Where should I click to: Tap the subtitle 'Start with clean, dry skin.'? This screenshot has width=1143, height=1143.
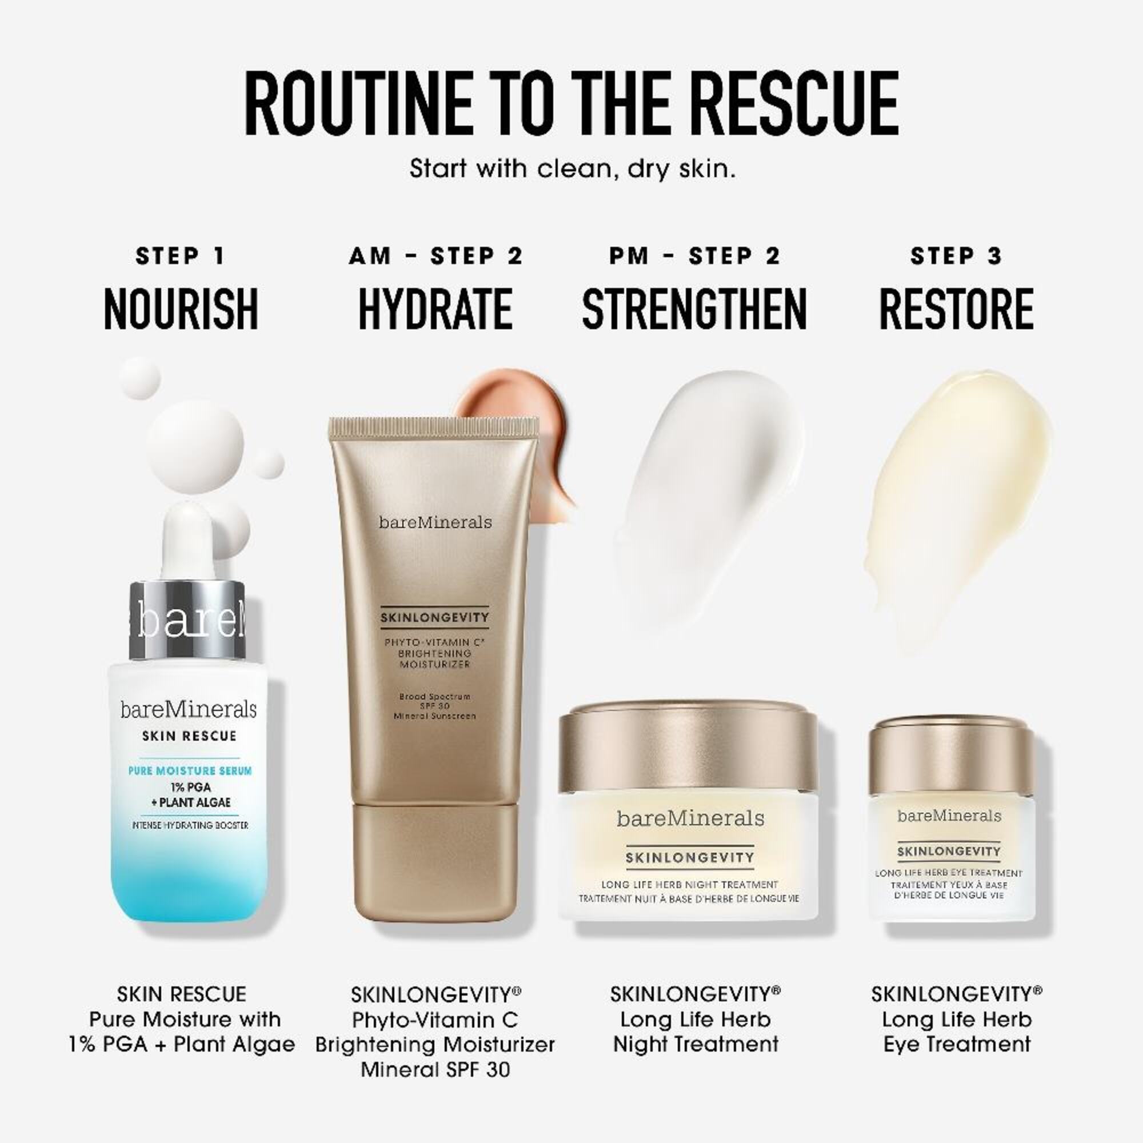(x=572, y=169)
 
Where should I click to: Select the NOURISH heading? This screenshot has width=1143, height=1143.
(x=181, y=309)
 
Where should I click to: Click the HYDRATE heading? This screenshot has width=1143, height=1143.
(x=435, y=309)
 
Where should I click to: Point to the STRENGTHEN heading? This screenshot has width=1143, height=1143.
(x=694, y=309)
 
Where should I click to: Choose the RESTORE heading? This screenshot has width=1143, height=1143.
(x=956, y=309)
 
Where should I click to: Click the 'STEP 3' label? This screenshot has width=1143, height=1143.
(x=956, y=256)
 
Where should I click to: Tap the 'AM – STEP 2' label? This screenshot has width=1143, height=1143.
(x=436, y=256)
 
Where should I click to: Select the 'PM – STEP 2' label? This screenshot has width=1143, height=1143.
(x=695, y=256)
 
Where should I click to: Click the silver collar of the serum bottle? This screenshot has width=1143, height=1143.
(x=187, y=620)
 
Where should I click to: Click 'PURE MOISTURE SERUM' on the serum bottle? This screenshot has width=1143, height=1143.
(x=190, y=770)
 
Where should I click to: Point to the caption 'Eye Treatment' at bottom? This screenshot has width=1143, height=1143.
(x=957, y=1044)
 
